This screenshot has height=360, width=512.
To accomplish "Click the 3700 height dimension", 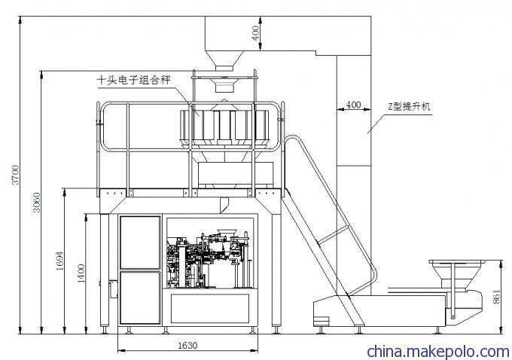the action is tap(13, 175).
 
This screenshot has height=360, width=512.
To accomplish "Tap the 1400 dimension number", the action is tap(81, 273).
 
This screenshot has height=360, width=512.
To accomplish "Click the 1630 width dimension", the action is tap(187, 346).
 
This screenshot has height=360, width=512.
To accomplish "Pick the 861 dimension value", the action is tap(495, 297).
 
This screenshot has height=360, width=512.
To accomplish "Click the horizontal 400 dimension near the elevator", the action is tap(352, 105).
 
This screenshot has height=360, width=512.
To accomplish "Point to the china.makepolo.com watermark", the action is tap(437, 351).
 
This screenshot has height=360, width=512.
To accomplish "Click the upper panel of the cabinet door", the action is tap(140, 243).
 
